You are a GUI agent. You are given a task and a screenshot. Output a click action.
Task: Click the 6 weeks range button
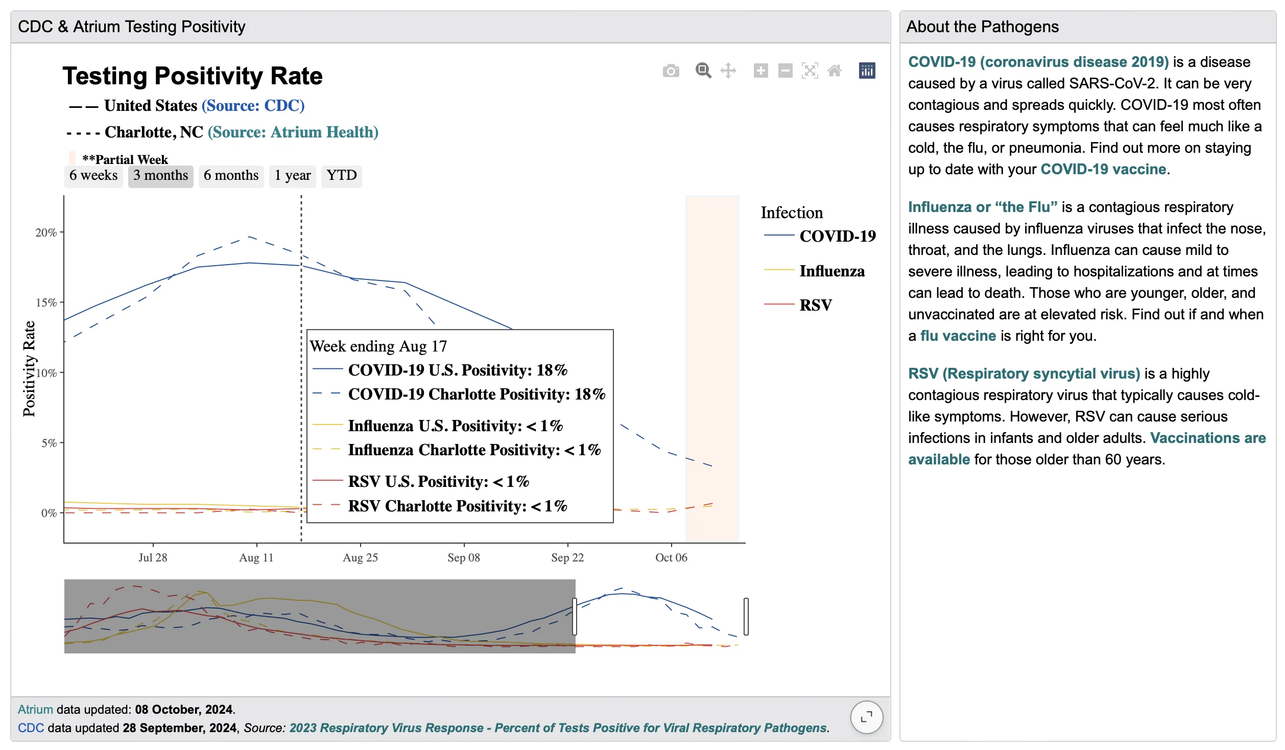coord(93,176)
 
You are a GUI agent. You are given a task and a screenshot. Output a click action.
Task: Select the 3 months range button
coord(160,176)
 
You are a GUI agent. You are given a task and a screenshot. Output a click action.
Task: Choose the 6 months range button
coord(231,176)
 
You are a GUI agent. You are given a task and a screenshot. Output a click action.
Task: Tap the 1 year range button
coord(292,176)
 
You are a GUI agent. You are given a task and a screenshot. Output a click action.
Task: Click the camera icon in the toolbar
coord(671,71)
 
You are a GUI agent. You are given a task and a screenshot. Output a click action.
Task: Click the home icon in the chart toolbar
coord(834,71)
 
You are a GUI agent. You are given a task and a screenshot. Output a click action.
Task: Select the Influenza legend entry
coord(831,271)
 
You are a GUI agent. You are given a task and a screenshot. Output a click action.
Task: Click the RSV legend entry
coord(815,305)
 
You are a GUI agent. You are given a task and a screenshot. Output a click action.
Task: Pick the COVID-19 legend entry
coord(837,236)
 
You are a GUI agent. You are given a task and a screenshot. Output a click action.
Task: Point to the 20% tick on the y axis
coord(46,232)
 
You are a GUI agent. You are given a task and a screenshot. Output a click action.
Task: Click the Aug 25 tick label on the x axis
coord(360,557)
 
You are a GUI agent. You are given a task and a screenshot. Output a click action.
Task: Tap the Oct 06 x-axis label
coord(671,557)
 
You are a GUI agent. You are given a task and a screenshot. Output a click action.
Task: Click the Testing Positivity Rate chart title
coord(193,76)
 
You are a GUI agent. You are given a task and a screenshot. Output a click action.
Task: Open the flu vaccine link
coord(958,336)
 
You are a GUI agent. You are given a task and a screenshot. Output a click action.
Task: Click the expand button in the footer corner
coord(866,717)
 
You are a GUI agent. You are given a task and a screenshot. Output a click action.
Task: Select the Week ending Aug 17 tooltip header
coord(378,346)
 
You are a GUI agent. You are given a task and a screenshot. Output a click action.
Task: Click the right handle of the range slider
coord(746,616)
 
